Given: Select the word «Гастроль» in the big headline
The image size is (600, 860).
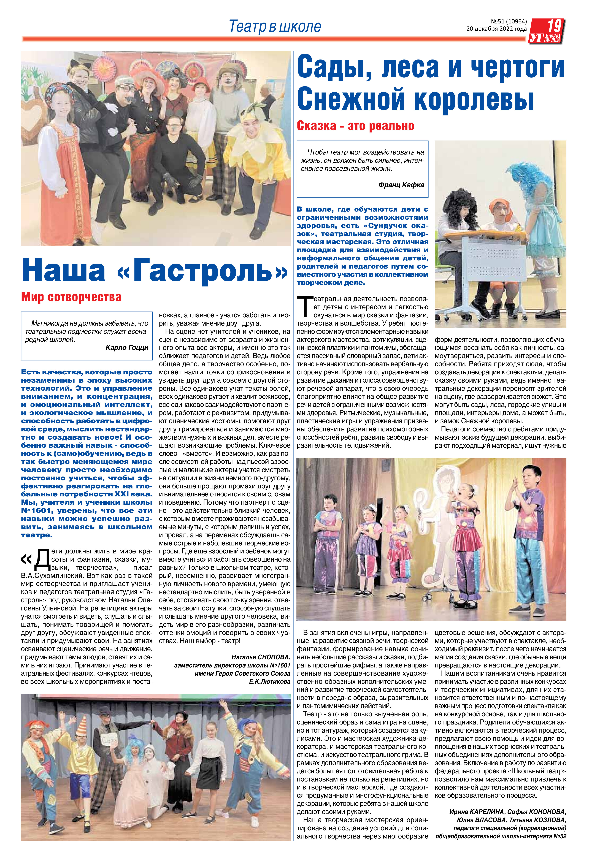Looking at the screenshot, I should (x=202, y=271).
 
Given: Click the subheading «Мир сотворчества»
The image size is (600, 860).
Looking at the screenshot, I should (x=71, y=297).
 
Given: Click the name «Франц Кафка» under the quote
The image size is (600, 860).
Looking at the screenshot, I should (x=401, y=185).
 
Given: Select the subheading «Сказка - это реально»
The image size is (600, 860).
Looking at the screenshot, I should (x=355, y=126).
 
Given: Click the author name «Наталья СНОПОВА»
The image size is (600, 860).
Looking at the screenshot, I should (x=261, y=657).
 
